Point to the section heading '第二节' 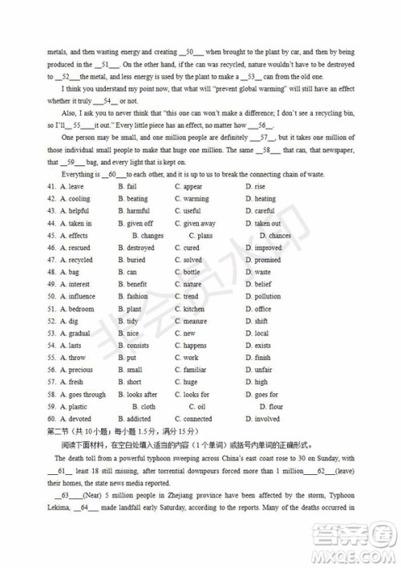click(x=59, y=432)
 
